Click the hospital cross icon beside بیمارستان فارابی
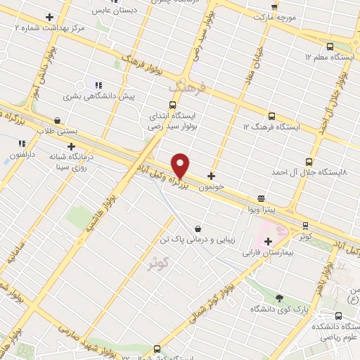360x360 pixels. pyautogui.click(x=268, y=241)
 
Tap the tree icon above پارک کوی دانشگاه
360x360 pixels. pyautogui.click(x=280, y=298)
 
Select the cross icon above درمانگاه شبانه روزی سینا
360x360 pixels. pyautogui.click(x=71, y=146)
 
